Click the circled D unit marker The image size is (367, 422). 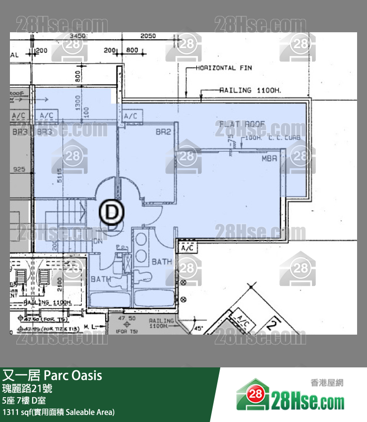[x=112, y=212]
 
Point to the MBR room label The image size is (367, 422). [x=269, y=159]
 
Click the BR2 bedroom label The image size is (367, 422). [x=163, y=132]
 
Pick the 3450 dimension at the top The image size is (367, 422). [x=78, y=36]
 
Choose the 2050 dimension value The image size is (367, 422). [x=148, y=36]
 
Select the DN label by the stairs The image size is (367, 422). [x=98, y=242]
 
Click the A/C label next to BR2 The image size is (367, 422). [x=131, y=116]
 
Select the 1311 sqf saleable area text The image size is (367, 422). [x=59, y=412]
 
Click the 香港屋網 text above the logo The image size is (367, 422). [x=327, y=382]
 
